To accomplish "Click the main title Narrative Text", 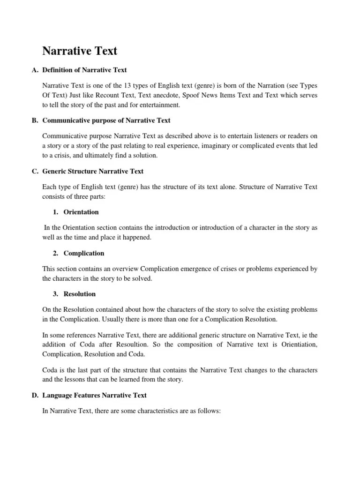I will pyautogui.click(x=80, y=51).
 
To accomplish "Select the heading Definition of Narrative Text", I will pyautogui.click(x=84, y=70).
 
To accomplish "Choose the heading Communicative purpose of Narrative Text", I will pyautogui.click(x=106, y=120).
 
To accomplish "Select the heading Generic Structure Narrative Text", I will pyautogui.click(x=93, y=171).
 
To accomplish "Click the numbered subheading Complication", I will pyautogui.click(x=84, y=253).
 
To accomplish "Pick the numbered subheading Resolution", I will pyautogui.click(x=80, y=294).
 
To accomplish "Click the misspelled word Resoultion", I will pyautogui.click(x=140, y=345).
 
